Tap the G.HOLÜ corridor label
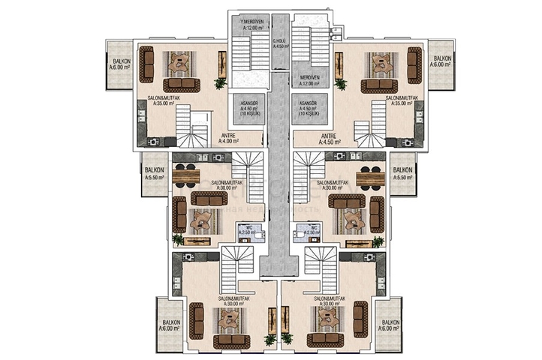click(x=279, y=43)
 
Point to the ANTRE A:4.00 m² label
click(x=228, y=137)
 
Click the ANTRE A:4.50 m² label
click(x=329, y=137)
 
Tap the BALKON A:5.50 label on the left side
click(x=154, y=174)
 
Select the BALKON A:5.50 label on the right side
click(x=402, y=174)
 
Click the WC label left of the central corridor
click(x=245, y=229)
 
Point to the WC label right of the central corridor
click(x=313, y=229)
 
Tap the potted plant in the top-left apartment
click(x=220, y=82)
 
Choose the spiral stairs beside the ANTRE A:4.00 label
click(x=197, y=131)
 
